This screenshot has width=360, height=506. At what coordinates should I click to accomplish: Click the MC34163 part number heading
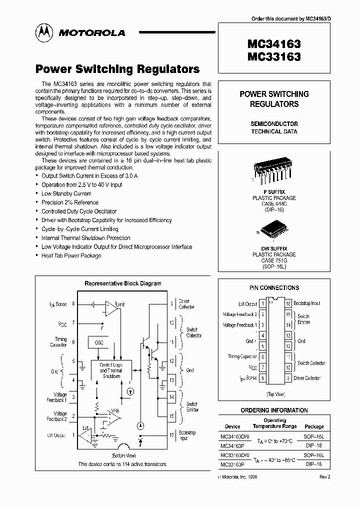(x=274, y=44)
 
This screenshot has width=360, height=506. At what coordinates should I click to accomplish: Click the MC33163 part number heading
(x=274, y=57)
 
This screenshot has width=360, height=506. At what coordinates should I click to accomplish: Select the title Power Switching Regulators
(x=117, y=69)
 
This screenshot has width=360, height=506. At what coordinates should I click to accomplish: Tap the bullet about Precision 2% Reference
(x=69, y=202)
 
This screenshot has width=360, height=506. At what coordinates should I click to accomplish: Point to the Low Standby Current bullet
(x=66, y=193)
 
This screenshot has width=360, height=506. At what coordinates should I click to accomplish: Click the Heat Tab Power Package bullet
(x=71, y=256)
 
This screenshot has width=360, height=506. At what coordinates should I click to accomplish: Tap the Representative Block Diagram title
(x=123, y=283)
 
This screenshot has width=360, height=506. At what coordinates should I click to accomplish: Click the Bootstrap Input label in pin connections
(x=306, y=303)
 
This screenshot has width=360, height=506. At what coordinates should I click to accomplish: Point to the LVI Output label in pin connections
(x=247, y=303)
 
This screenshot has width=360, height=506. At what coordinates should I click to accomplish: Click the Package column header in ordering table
(x=314, y=426)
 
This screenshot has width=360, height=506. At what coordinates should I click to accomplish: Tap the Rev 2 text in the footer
(x=324, y=477)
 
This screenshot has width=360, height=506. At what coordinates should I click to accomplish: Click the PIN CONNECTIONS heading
(x=274, y=288)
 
